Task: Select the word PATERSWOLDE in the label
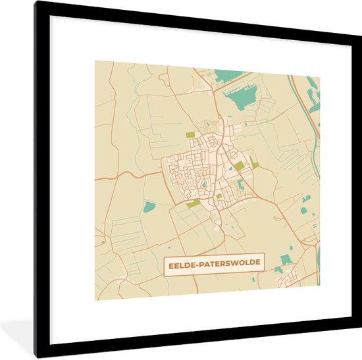[228, 263]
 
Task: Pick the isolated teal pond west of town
[149, 207]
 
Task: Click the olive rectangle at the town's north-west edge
[190, 135]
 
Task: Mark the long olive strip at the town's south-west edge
[193, 204]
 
